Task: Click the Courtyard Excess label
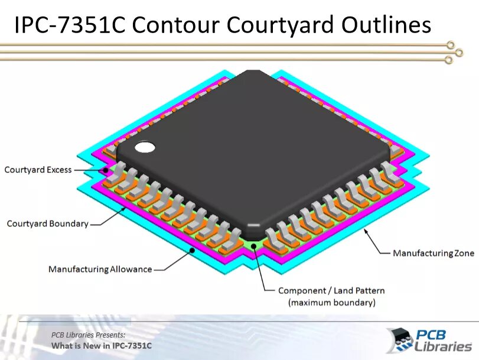(x=38, y=170)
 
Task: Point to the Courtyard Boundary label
(x=47, y=223)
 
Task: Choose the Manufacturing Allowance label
(x=100, y=270)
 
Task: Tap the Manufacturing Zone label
(x=433, y=253)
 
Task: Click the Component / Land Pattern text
(x=331, y=290)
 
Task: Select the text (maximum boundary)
(x=331, y=303)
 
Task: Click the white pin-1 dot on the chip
(x=144, y=147)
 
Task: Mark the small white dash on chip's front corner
(x=253, y=225)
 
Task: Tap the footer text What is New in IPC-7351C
(x=101, y=345)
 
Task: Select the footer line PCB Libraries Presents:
(x=88, y=335)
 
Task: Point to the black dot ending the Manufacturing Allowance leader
(x=192, y=250)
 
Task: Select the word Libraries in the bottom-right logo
(x=443, y=346)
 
